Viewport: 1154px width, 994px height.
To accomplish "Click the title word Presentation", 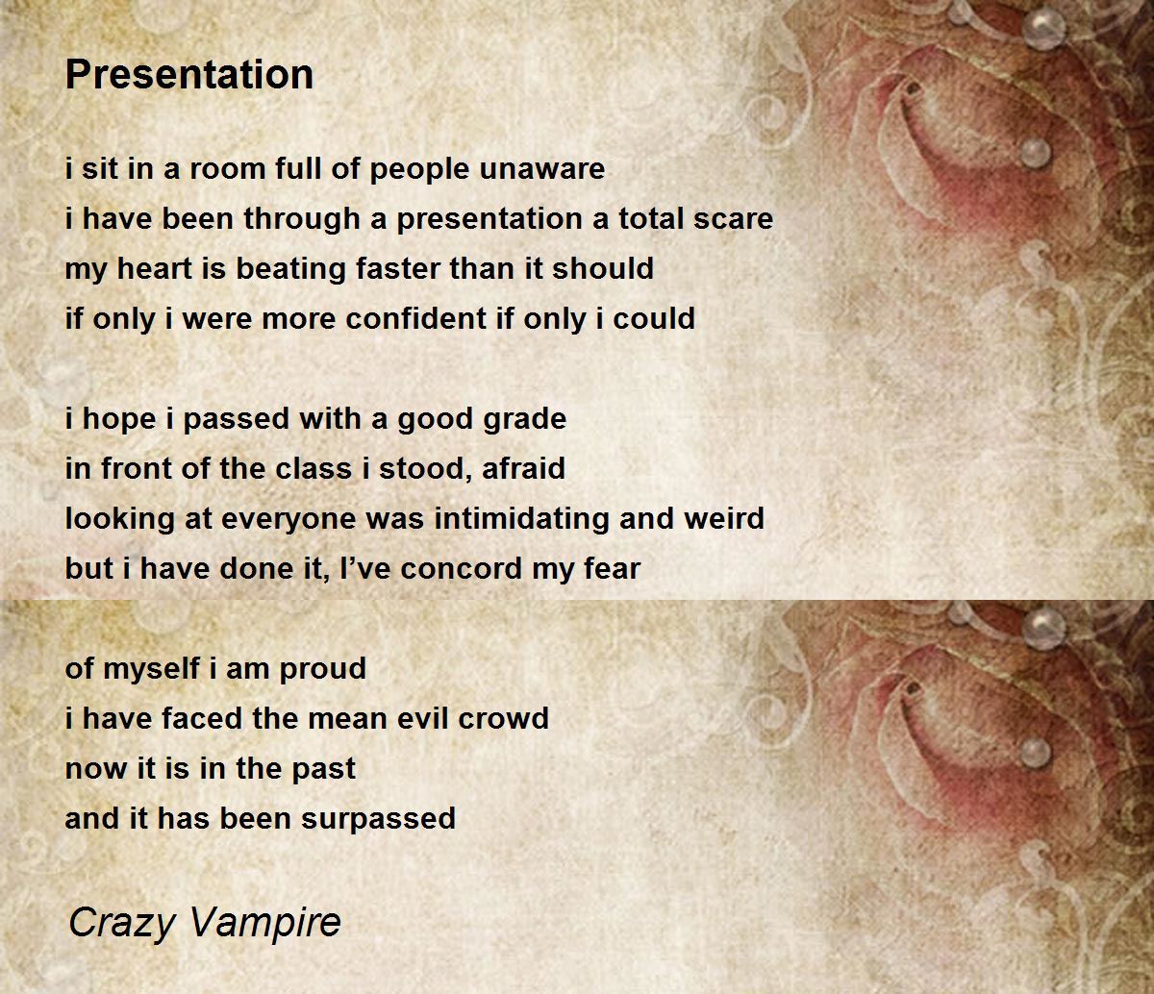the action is [x=189, y=74].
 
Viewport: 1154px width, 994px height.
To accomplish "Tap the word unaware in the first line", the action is [x=542, y=168].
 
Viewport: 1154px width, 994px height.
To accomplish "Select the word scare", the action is [x=733, y=219].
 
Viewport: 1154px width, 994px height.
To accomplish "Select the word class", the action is [x=314, y=468].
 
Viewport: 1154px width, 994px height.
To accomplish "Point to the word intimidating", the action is [x=521, y=519].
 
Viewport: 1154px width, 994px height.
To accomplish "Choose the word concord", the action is [x=462, y=569].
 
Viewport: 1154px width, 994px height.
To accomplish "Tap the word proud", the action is [x=323, y=669].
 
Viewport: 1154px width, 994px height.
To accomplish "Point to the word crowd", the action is [x=504, y=719].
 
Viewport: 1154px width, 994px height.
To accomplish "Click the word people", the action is [x=419, y=169].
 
